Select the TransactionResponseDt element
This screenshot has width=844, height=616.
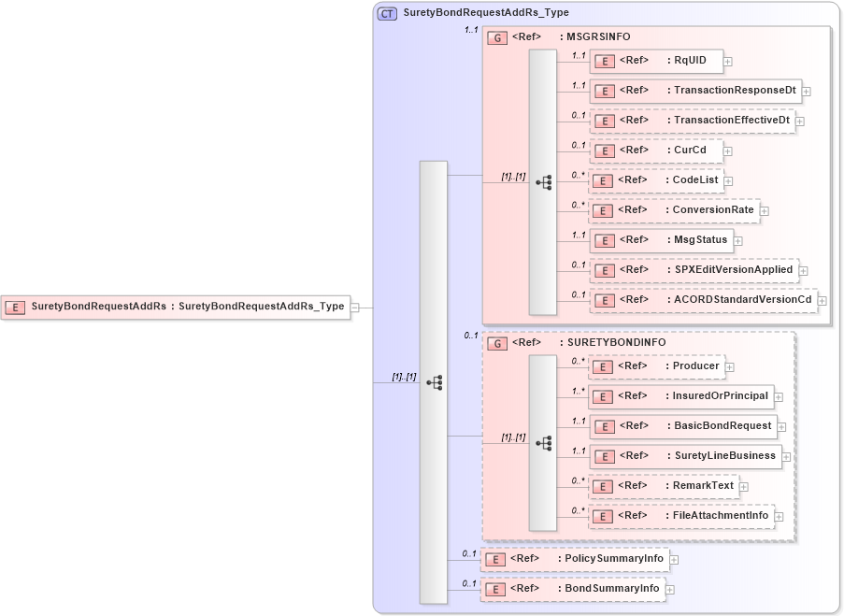(x=694, y=91)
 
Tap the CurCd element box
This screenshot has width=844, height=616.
(x=655, y=150)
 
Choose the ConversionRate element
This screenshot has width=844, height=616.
(x=674, y=210)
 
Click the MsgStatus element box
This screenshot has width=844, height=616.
(x=660, y=240)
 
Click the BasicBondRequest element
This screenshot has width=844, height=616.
(x=682, y=426)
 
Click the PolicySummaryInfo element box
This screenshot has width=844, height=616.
(x=574, y=559)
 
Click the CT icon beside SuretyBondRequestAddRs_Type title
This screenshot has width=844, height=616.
(x=386, y=13)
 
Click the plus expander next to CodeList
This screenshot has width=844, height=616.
(x=728, y=181)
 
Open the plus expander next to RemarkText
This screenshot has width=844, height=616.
(x=743, y=487)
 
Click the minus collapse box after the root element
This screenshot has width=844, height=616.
(x=355, y=307)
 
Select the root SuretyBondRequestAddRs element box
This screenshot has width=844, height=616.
(x=176, y=307)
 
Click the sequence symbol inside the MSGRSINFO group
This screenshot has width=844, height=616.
(x=543, y=182)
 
